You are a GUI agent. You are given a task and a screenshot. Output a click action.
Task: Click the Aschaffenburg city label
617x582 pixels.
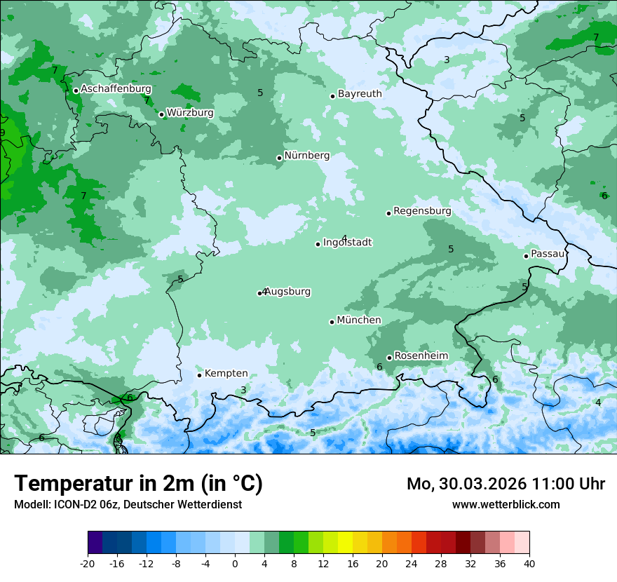(116, 89)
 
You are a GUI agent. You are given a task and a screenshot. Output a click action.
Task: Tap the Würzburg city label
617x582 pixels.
(190, 113)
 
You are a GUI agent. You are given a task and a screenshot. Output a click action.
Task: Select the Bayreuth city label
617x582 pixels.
(360, 94)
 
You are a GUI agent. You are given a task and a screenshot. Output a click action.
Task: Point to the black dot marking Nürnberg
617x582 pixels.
(279, 158)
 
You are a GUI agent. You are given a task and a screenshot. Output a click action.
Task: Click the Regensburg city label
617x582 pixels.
(422, 211)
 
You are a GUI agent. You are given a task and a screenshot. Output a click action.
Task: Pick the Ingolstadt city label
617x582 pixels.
(347, 243)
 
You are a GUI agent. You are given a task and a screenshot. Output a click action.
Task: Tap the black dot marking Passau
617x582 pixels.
(526, 256)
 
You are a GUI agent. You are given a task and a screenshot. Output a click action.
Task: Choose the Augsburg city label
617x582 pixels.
(287, 292)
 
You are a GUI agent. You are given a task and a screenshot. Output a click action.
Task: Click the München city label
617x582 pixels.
(359, 320)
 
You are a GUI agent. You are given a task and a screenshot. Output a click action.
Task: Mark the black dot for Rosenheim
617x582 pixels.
(389, 358)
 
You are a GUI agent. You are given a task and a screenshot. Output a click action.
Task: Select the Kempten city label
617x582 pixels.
(226, 374)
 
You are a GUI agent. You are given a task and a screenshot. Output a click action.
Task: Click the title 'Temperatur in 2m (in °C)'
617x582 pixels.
(138, 484)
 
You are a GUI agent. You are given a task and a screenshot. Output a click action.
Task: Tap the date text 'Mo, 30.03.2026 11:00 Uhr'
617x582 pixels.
(506, 484)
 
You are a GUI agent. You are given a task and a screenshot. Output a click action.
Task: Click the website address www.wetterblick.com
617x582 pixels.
(506, 504)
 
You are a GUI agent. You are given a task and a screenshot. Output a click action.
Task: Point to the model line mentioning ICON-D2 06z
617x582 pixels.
(128, 504)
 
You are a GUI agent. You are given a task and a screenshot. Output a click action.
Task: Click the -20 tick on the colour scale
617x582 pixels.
(88, 563)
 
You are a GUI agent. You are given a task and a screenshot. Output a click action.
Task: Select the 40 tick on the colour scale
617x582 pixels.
(529, 563)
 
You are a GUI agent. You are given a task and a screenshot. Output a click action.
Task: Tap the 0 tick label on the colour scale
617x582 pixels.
(235, 563)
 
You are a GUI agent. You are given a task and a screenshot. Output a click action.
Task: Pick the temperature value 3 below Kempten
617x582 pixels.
(243, 390)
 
